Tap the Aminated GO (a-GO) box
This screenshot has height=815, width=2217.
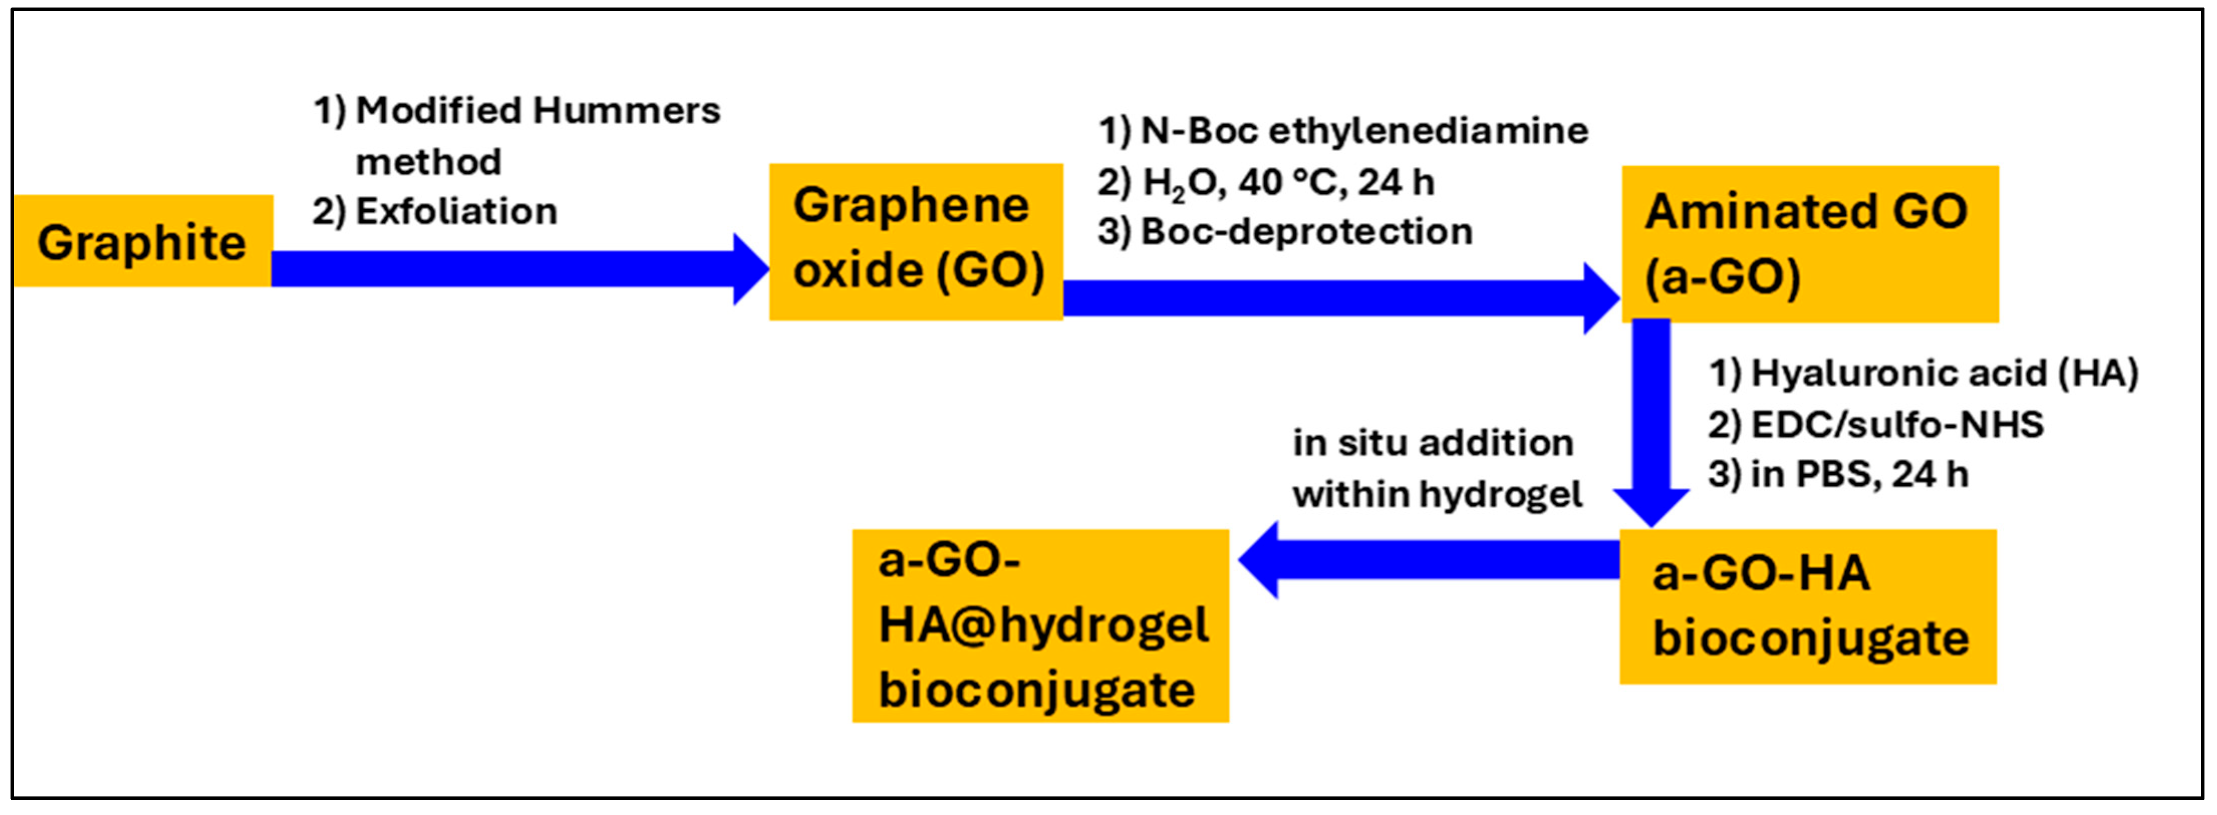click(1809, 244)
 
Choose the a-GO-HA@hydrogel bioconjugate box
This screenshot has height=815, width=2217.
click(1040, 625)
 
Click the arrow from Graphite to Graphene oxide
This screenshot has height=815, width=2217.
click(516, 268)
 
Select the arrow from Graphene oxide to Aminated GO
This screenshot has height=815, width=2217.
click(1334, 298)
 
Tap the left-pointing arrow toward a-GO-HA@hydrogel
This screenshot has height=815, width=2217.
click(1429, 559)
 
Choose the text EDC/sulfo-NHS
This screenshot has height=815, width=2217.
click(1897, 424)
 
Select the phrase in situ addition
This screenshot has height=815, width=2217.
click(1433, 443)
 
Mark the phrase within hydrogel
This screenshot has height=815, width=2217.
click(1437, 494)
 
